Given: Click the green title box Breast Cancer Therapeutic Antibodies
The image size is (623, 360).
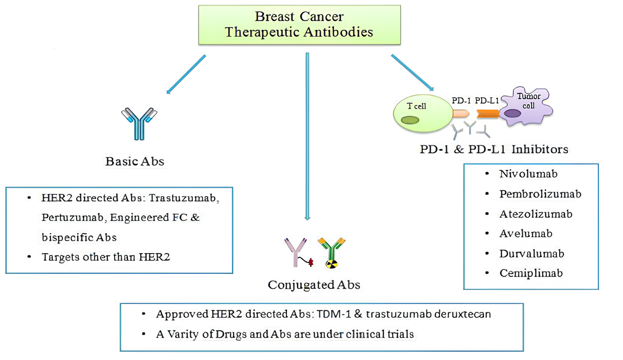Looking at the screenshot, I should [299, 24].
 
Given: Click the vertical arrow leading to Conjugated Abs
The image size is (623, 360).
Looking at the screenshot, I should [307, 136].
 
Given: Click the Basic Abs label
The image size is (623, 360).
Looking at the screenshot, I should [135, 162].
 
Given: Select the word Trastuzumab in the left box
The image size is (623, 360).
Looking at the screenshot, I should [189, 198].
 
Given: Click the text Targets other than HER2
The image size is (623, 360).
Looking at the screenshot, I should [106, 257].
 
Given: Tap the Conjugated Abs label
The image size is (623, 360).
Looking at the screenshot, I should [314, 285].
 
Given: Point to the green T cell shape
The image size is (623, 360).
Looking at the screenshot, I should [422, 113].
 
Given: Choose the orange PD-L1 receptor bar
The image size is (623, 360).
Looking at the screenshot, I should [487, 114].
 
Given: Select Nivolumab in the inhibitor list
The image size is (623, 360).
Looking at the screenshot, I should [528, 174].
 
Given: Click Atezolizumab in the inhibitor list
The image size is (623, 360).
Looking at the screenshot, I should [536, 214].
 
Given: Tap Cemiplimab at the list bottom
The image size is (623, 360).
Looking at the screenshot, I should [531, 273].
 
